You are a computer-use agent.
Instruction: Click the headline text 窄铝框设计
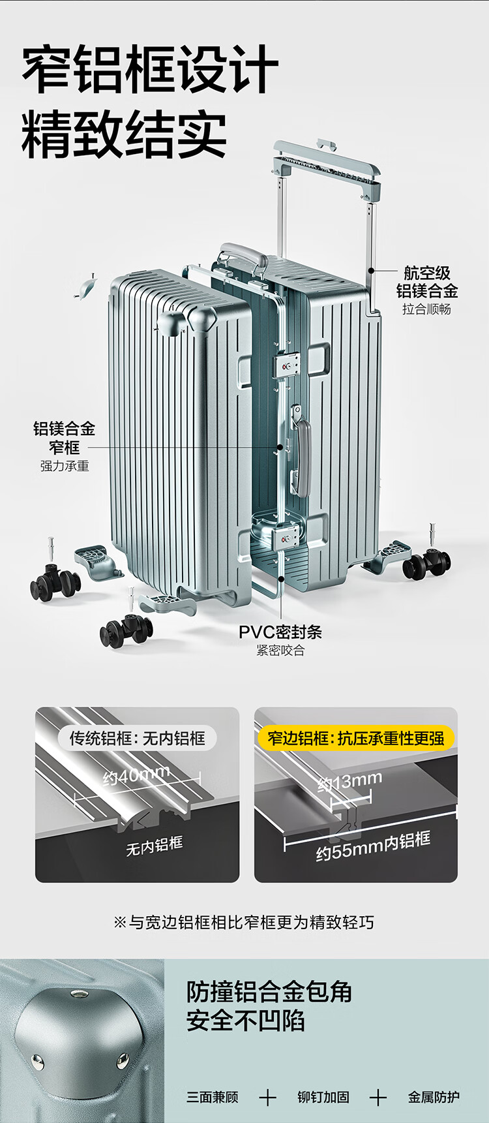(150, 70)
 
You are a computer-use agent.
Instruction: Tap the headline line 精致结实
(124, 134)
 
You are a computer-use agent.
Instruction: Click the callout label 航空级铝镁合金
(427, 282)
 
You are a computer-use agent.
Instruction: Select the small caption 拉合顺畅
(426, 309)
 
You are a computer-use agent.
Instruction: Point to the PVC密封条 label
(280, 632)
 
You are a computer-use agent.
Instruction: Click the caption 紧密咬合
(280, 651)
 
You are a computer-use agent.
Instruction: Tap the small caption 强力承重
(65, 466)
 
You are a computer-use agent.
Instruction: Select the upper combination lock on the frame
(287, 364)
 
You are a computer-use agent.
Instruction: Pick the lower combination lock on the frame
(287, 537)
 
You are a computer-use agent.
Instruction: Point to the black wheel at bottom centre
(126, 631)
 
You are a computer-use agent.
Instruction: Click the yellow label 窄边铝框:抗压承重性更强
(356, 738)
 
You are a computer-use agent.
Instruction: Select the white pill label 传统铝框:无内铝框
(138, 738)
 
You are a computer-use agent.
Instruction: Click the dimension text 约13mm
(350, 781)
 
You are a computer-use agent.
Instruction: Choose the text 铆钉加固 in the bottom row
(323, 1097)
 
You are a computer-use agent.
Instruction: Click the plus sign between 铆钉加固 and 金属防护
(378, 1098)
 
